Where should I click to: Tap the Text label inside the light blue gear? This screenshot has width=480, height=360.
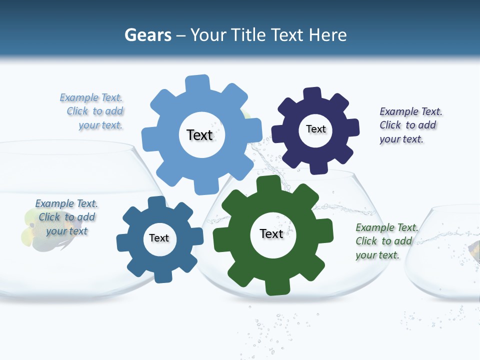(x=199, y=135)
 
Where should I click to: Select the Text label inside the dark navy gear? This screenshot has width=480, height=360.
(x=315, y=129)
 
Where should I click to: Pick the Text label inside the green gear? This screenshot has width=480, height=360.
(x=271, y=233)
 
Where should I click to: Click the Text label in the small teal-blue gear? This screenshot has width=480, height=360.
(x=159, y=238)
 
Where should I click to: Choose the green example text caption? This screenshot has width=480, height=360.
(x=385, y=241)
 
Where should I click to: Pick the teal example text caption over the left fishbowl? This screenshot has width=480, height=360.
(x=66, y=217)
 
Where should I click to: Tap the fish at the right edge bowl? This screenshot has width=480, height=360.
(x=474, y=249)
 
